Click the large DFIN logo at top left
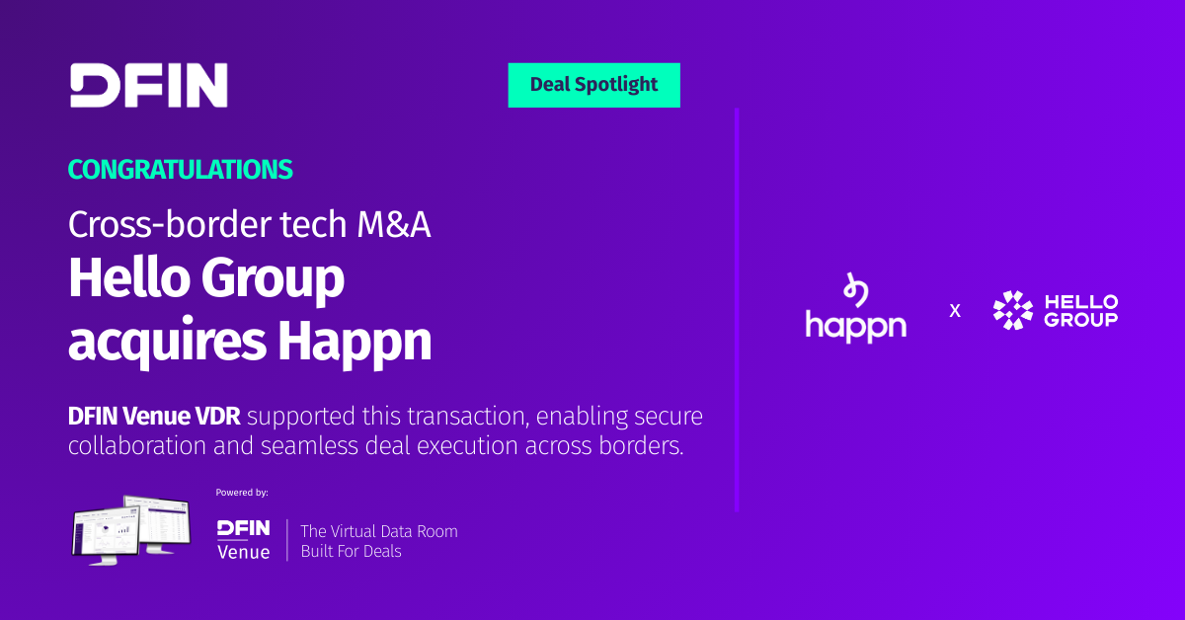point(149,85)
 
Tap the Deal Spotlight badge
point(594,85)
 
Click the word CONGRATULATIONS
point(181,170)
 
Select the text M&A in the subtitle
point(394,224)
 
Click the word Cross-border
point(170,224)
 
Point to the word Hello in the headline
point(128,277)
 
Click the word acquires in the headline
point(167,342)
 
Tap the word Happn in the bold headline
point(355,342)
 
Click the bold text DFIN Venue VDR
point(154,417)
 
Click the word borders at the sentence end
point(641,445)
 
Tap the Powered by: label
point(242,493)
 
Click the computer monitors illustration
point(130,530)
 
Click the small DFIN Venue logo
point(244,540)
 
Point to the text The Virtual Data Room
point(379,531)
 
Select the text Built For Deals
point(352,551)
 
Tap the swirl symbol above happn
point(855,289)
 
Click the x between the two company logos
point(955,311)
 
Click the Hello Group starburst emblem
point(1013,310)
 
